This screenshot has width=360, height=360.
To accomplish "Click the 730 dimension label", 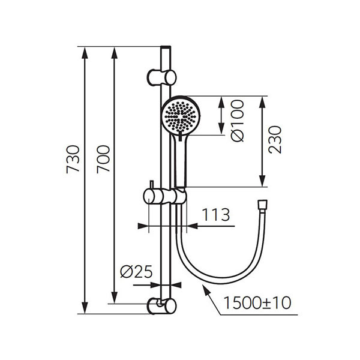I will pyautogui.click(x=72, y=160).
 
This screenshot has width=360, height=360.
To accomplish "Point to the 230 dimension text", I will pyautogui.click(x=275, y=140).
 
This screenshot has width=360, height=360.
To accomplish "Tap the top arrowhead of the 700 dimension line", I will pyautogui.click(x=115, y=52).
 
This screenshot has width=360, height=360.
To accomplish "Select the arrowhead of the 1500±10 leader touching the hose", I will pyautogui.click(x=205, y=287).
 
